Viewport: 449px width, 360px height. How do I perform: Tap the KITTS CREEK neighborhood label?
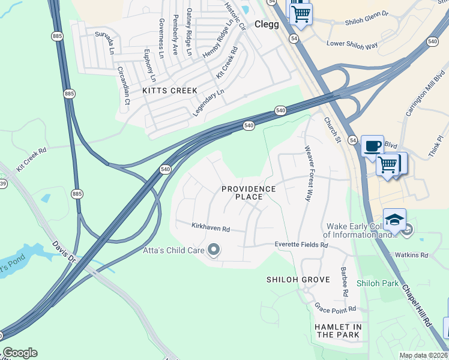[x=169, y=91]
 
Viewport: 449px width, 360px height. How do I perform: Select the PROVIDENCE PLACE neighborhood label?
[x=249, y=193]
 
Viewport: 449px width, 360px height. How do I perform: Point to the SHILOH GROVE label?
[x=298, y=280]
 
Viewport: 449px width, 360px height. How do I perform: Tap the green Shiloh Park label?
[x=377, y=283]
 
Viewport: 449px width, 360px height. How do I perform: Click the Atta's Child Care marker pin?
[x=212, y=250]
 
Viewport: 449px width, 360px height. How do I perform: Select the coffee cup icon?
[x=372, y=146]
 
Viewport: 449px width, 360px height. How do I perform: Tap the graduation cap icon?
[x=394, y=220]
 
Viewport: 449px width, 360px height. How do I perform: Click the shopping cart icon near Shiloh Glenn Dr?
[x=301, y=12]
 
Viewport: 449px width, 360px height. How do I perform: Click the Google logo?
[x=20, y=353]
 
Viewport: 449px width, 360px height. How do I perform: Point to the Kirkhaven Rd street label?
[x=211, y=229]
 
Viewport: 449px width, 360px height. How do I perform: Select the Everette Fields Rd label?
[x=301, y=245]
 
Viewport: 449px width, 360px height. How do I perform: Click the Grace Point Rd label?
[x=336, y=308]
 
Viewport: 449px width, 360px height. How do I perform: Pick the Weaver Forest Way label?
[x=309, y=173]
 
